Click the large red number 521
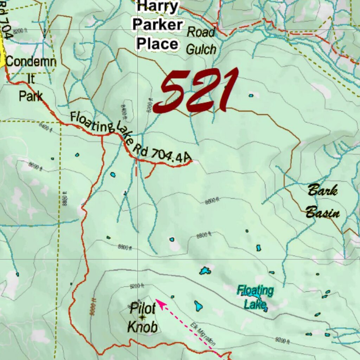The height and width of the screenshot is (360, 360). (x=197, y=91)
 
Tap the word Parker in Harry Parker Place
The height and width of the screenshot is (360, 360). (x=157, y=25)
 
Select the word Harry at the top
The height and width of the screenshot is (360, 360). (x=157, y=7)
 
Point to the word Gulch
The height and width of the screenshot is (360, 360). (x=201, y=50)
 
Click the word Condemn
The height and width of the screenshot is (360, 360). (x=31, y=62)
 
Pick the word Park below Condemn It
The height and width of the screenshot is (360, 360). (x=31, y=96)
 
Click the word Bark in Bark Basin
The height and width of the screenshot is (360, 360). (x=322, y=191)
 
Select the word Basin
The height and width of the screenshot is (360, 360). (x=322, y=213)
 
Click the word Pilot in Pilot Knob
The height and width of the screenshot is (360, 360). (x=142, y=309)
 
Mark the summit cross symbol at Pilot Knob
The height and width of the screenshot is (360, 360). (x=142, y=318)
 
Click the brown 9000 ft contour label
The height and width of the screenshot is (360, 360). (x=93, y=307)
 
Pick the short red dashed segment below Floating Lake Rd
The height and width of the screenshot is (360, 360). (x=136, y=168)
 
